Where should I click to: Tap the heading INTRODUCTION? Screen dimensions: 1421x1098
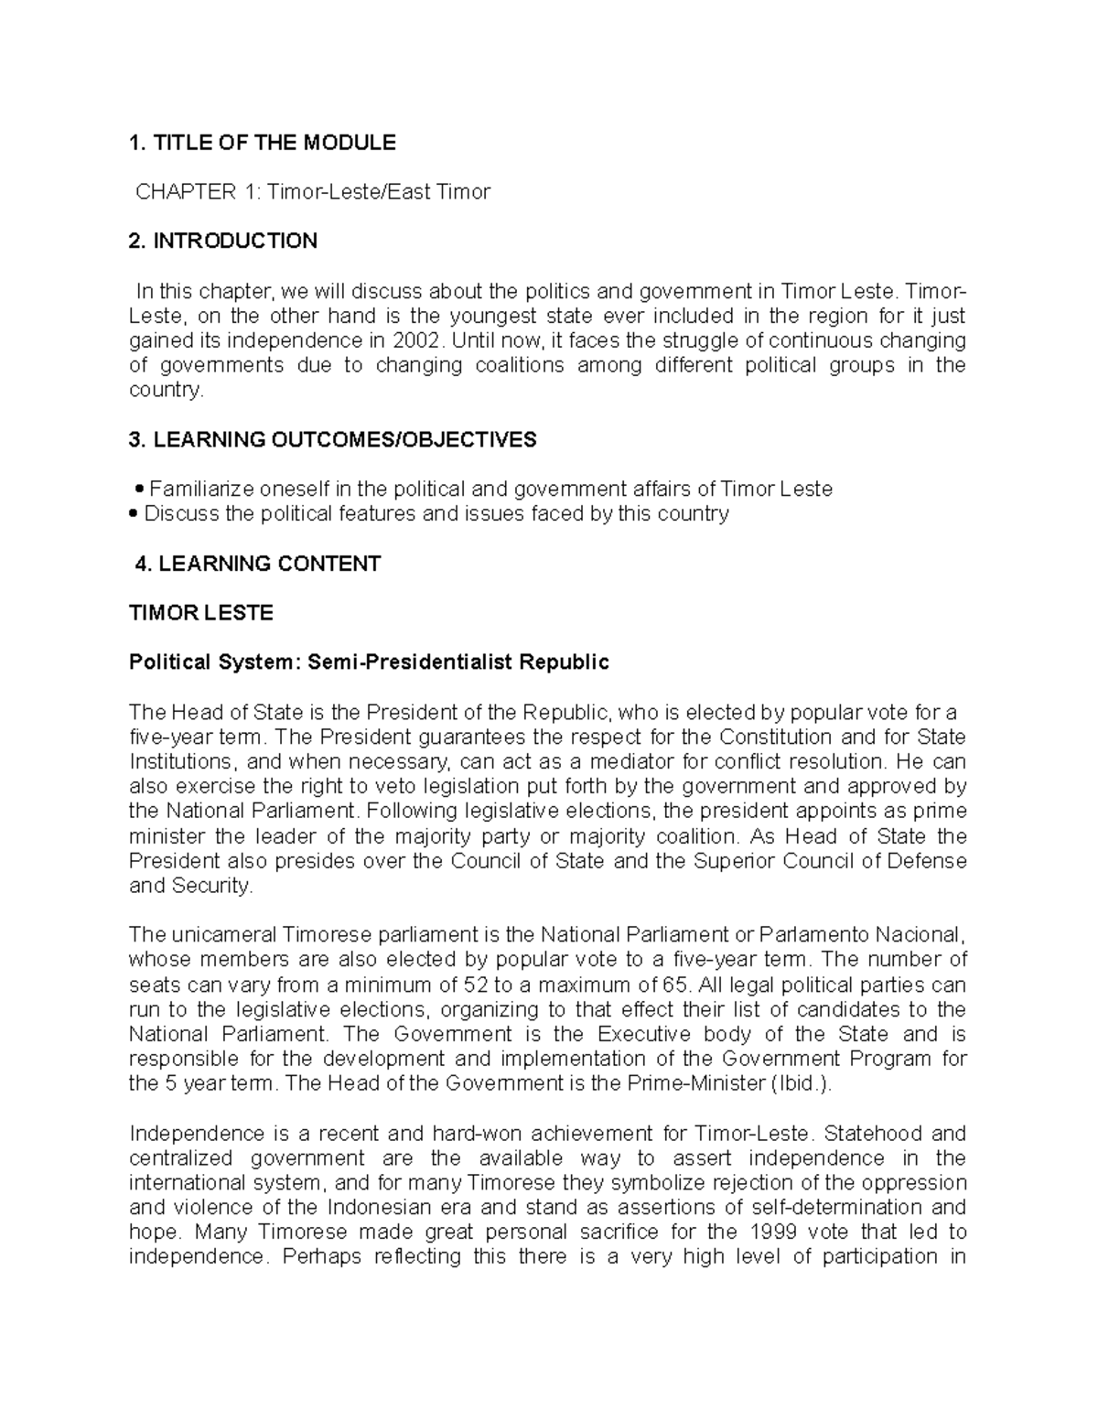[x=235, y=242]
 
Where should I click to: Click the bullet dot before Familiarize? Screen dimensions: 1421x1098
[x=139, y=490]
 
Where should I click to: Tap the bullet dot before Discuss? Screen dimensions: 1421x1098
[x=134, y=515]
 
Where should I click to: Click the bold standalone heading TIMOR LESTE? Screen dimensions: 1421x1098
[x=201, y=613]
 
